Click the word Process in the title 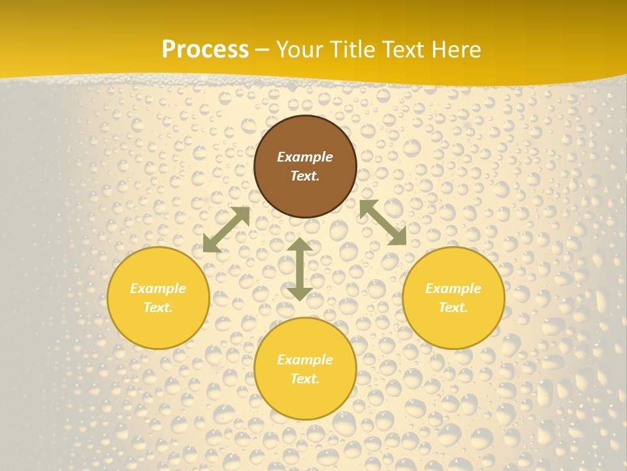coord(205,50)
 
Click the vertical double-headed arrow coord(300,270)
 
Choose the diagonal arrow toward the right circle coord(383,222)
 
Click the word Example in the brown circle coord(305,157)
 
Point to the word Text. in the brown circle coord(305,176)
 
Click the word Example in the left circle coord(158,288)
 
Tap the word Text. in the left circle coord(158,307)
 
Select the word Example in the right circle coord(453,288)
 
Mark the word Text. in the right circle coord(453,307)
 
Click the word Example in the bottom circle coord(305,360)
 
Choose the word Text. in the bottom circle coord(305,379)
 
